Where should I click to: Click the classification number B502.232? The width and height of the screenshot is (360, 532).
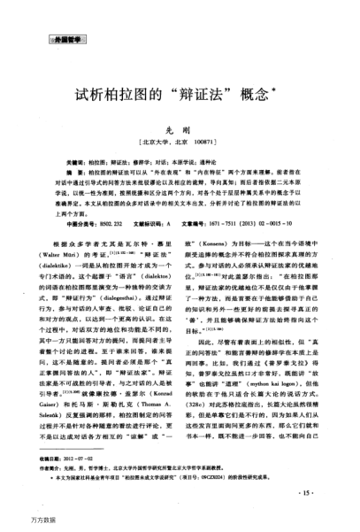[106, 226]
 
